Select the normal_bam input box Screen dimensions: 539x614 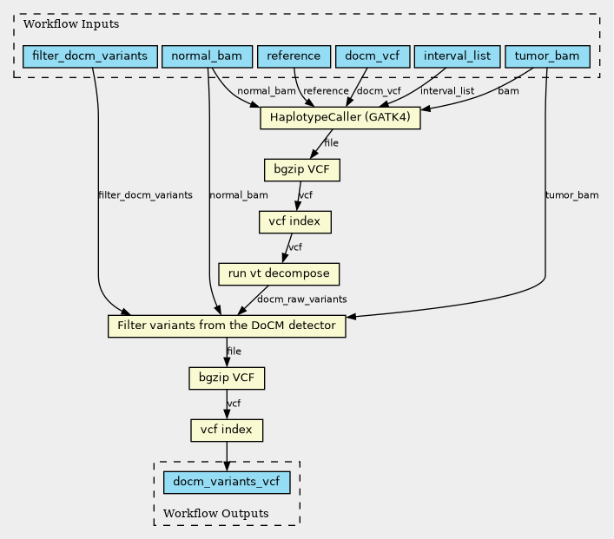pyautogui.click(x=207, y=56)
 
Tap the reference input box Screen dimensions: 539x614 pyautogui.click(x=294, y=56)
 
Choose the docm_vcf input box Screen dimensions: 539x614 pyautogui.click(x=371, y=56)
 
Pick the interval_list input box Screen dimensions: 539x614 pyautogui.click(x=458, y=56)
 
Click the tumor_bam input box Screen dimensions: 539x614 pyautogui.click(x=547, y=56)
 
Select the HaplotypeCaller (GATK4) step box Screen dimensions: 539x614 pyautogui.click(x=340, y=117)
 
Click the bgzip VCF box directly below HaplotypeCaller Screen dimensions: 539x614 pyautogui.click(x=301, y=169)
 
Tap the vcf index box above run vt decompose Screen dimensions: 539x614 pyautogui.click(x=295, y=222)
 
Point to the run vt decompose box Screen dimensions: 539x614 pyautogui.click(x=279, y=274)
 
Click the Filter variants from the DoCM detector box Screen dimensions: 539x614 pyautogui.click(x=227, y=326)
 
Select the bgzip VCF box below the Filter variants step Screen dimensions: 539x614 pyautogui.click(x=227, y=378)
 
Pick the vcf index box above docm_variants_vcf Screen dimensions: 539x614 pyautogui.click(x=227, y=430)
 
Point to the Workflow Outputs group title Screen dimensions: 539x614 pyautogui.click(x=215, y=514)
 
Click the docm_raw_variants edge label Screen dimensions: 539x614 pyautogui.click(x=301, y=299)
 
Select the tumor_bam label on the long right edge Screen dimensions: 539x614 pyautogui.click(x=571, y=195)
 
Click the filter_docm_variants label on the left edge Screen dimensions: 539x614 pyautogui.click(x=145, y=195)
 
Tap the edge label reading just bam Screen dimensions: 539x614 pyautogui.click(x=508, y=91)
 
